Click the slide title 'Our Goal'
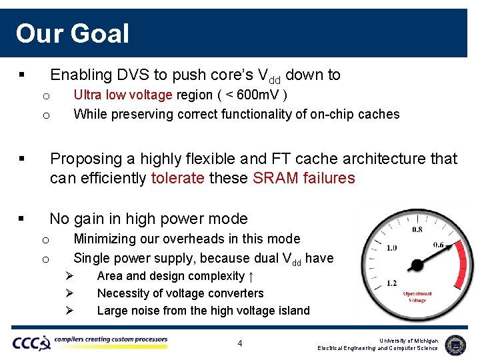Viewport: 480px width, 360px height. pos(72,33)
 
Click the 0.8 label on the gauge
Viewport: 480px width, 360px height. pos(417,230)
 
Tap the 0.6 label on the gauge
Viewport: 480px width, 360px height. pos(438,245)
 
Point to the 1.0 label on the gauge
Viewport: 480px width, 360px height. pos(391,248)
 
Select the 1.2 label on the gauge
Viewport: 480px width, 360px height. pos(393,283)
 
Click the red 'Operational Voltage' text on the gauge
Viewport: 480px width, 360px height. pos(417,297)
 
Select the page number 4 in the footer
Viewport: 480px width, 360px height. pos(240,343)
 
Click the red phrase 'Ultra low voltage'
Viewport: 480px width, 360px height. pos(123,95)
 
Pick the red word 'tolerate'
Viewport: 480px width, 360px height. pos(178,178)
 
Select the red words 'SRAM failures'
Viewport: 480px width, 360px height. pos(304,178)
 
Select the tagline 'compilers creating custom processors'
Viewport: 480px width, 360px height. pos(111,340)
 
